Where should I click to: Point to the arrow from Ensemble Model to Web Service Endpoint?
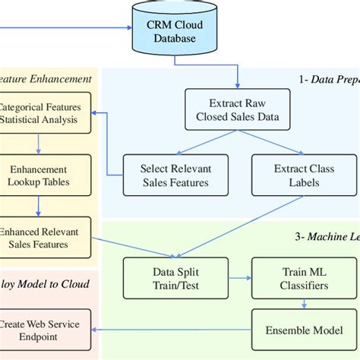point(175,330)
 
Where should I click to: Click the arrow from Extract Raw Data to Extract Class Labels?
point(270,146)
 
